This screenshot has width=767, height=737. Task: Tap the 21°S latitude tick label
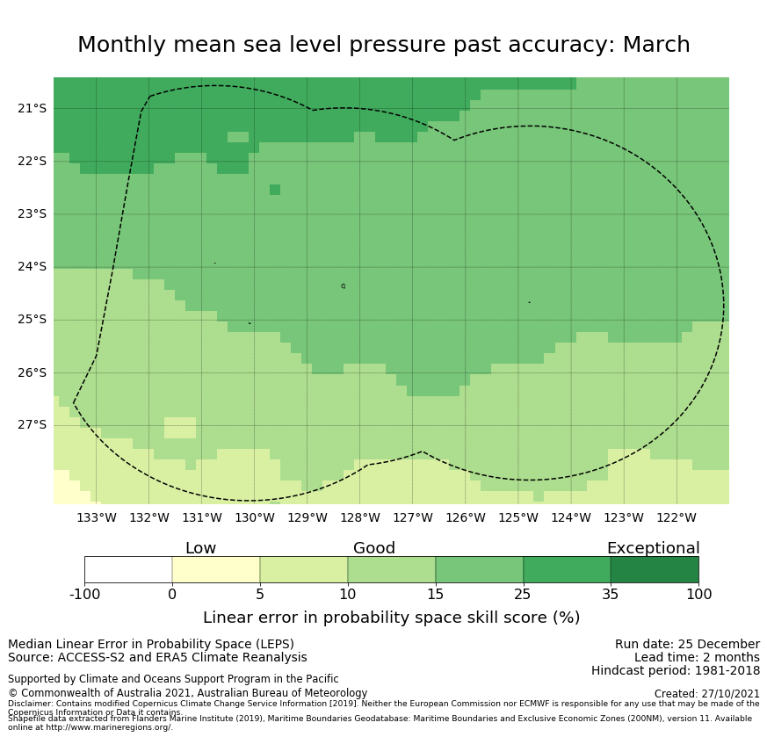[32, 108]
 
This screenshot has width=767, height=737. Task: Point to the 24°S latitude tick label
[32, 266]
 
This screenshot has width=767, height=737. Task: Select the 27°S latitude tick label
[32, 425]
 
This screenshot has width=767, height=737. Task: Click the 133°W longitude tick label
[96, 517]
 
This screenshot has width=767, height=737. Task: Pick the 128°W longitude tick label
[359, 517]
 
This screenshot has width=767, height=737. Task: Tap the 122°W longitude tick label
[676, 517]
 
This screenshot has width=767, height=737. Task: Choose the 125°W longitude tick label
[517, 517]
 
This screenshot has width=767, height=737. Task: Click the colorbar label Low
[200, 548]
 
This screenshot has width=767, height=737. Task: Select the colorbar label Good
[374, 548]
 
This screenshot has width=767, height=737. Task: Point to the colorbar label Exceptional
[653, 548]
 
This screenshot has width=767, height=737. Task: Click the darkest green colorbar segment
[655, 569]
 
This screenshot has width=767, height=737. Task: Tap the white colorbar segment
[128, 569]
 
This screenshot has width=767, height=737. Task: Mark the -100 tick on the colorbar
[84, 595]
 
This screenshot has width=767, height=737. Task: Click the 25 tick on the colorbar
[523, 595]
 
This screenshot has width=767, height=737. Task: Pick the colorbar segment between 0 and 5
[216, 569]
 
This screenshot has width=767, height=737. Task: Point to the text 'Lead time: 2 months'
[697, 657]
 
